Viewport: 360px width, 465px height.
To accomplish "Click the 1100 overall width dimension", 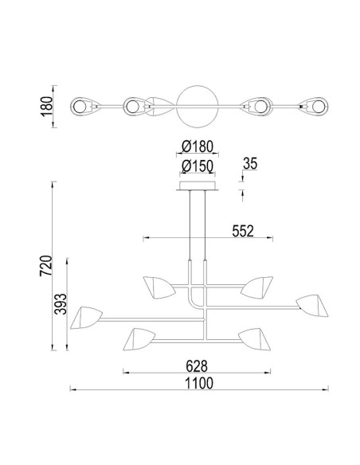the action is [x=199, y=383].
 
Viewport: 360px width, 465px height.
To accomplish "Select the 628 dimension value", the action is [x=197, y=366].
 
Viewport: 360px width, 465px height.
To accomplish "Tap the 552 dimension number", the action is [x=243, y=232].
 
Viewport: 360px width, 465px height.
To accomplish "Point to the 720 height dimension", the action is [x=46, y=266].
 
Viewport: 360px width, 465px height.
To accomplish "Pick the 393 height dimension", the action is [x=61, y=303].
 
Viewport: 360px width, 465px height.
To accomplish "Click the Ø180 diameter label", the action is [x=198, y=147].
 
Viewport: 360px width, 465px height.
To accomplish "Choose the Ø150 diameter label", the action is [x=198, y=166].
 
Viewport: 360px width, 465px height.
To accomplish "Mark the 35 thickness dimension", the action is [x=250, y=164].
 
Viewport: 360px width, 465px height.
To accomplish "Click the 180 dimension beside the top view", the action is [x=46, y=107].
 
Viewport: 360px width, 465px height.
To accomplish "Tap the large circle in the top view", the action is [x=198, y=86].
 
